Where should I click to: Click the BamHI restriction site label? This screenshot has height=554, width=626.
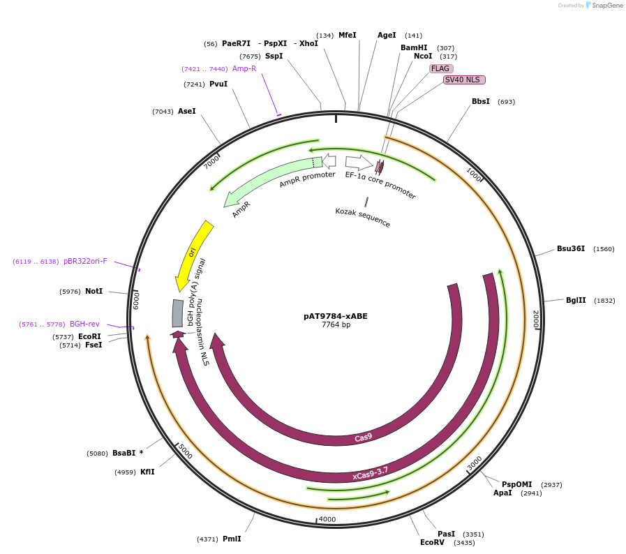point(414,47)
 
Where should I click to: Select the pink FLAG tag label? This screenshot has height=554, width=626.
point(441,68)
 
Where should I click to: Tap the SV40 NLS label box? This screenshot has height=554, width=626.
point(464,80)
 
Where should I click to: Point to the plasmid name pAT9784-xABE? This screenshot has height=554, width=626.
point(335,316)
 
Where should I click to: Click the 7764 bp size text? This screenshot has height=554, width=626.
point(336,325)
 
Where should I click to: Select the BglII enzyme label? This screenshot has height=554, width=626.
point(576,301)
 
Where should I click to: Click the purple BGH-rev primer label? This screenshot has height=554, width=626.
point(84,324)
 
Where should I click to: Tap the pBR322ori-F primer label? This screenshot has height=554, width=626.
point(85,262)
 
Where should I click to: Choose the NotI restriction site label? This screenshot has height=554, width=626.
point(94,291)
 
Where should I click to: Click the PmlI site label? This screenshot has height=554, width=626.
point(232,539)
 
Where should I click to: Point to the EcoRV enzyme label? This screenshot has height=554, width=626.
point(432,542)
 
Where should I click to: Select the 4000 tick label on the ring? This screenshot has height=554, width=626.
point(327,519)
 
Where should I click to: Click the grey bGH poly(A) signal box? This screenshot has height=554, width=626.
point(178,313)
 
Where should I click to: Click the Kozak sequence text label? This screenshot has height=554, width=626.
point(362,218)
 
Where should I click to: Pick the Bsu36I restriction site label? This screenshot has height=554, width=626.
point(571,248)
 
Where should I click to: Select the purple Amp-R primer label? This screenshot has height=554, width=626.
point(244,68)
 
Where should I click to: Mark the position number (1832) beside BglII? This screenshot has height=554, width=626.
point(604,301)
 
